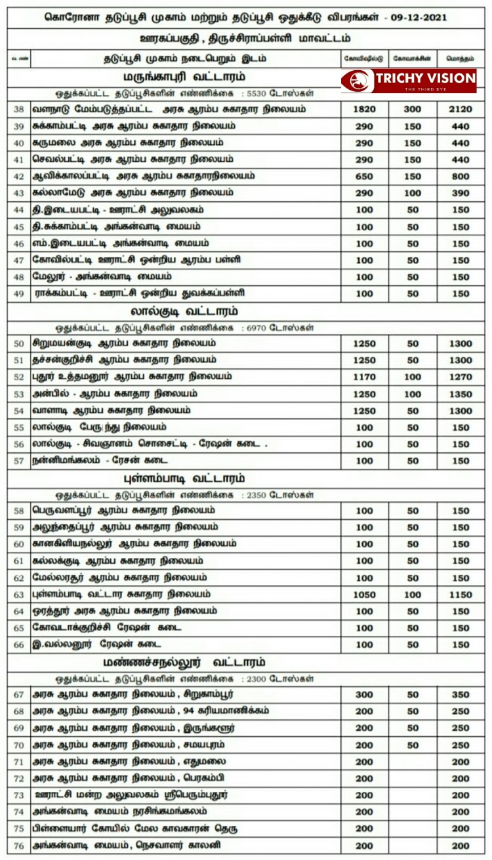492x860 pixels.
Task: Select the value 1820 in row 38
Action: [364, 109]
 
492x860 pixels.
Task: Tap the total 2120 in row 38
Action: [461, 109]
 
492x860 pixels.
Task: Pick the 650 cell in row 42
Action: [364, 176]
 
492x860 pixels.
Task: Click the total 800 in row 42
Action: [461, 176]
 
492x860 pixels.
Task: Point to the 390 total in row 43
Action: [461, 193]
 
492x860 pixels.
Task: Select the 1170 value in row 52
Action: [364, 377]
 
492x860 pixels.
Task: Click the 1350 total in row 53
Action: [461, 394]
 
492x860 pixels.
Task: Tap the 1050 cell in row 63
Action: [364, 595]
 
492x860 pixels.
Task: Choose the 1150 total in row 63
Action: [461, 595]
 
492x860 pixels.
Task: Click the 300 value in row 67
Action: [364, 694]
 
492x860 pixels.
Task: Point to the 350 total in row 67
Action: [461, 694]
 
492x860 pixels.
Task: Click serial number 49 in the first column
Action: [18, 293]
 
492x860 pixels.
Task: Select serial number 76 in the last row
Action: [18, 846]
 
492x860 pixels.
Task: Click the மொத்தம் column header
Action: [461, 58]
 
